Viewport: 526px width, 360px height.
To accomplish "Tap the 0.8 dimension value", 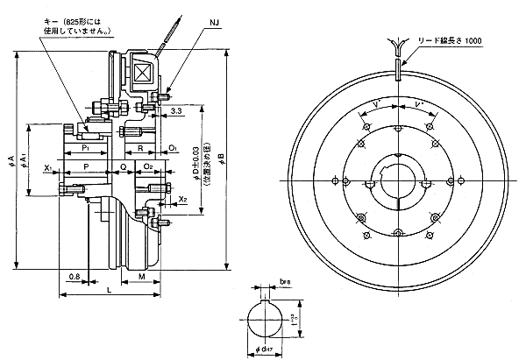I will tap(75, 277).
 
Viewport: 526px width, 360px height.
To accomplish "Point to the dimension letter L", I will tap(109, 288).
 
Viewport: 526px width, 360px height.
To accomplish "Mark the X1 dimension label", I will tap(50, 165).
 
